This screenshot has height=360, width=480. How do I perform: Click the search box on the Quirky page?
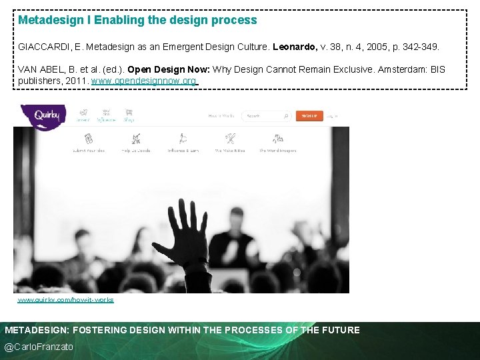click(x=266, y=116)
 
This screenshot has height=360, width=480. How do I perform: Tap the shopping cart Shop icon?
click(x=129, y=115)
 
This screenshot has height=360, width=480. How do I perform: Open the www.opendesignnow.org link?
click(x=144, y=81)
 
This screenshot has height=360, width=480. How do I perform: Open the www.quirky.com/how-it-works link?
click(x=65, y=300)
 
